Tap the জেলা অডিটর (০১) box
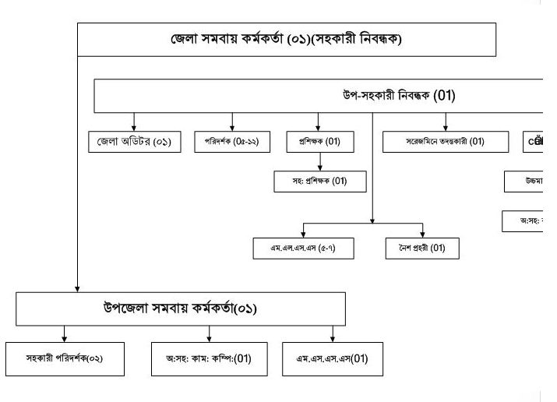point(134,142)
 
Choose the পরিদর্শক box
point(231,142)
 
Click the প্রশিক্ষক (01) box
point(320,142)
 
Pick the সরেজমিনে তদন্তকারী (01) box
point(446,142)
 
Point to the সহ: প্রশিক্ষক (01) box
point(320,182)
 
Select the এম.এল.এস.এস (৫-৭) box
point(304,249)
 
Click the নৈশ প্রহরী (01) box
point(422,249)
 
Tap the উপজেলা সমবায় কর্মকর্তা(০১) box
point(181,308)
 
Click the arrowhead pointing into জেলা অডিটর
point(134,128)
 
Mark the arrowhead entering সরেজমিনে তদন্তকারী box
point(446,128)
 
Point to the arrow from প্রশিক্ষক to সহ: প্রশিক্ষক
point(320,162)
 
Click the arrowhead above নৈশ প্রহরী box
point(422,235)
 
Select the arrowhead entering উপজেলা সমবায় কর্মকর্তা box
point(77,287)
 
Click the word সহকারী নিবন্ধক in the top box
point(363,39)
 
